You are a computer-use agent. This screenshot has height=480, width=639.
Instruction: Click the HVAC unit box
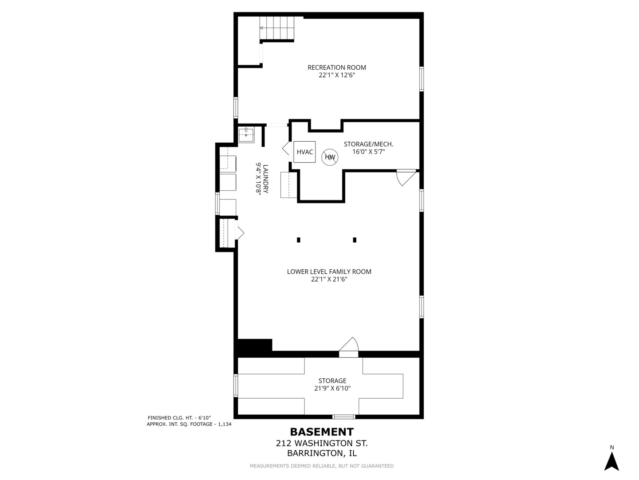pos(304,152)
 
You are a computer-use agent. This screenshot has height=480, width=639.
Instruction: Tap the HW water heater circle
pos(330,157)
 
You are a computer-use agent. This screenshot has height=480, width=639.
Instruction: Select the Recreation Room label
pos(337,68)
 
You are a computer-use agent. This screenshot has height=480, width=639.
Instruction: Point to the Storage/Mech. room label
pos(368,144)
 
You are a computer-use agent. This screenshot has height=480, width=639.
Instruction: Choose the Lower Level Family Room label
pos(329,272)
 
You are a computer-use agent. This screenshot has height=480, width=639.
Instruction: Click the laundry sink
pos(246,135)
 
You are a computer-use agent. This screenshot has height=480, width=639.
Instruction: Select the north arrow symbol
pos(611,461)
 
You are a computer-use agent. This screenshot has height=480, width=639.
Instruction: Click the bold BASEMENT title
pos(322,432)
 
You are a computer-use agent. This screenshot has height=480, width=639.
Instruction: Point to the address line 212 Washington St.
pos(322,443)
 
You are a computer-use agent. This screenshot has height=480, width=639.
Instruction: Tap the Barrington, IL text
pos(322,453)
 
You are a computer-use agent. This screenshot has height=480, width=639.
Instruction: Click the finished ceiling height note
pos(179,418)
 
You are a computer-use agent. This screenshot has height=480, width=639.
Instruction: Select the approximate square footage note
pos(189,424)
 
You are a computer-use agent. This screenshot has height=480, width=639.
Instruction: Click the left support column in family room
pos(299,240)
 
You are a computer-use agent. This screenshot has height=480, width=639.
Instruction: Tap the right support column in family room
pos(355,240)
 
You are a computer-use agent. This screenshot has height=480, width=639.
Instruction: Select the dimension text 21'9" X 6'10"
pos(332,388)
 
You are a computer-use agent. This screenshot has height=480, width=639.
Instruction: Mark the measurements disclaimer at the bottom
pos(322,466)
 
